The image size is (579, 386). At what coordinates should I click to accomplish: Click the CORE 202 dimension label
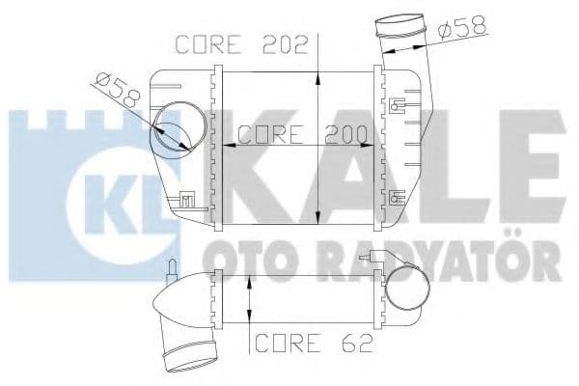(x=240, y=44)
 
